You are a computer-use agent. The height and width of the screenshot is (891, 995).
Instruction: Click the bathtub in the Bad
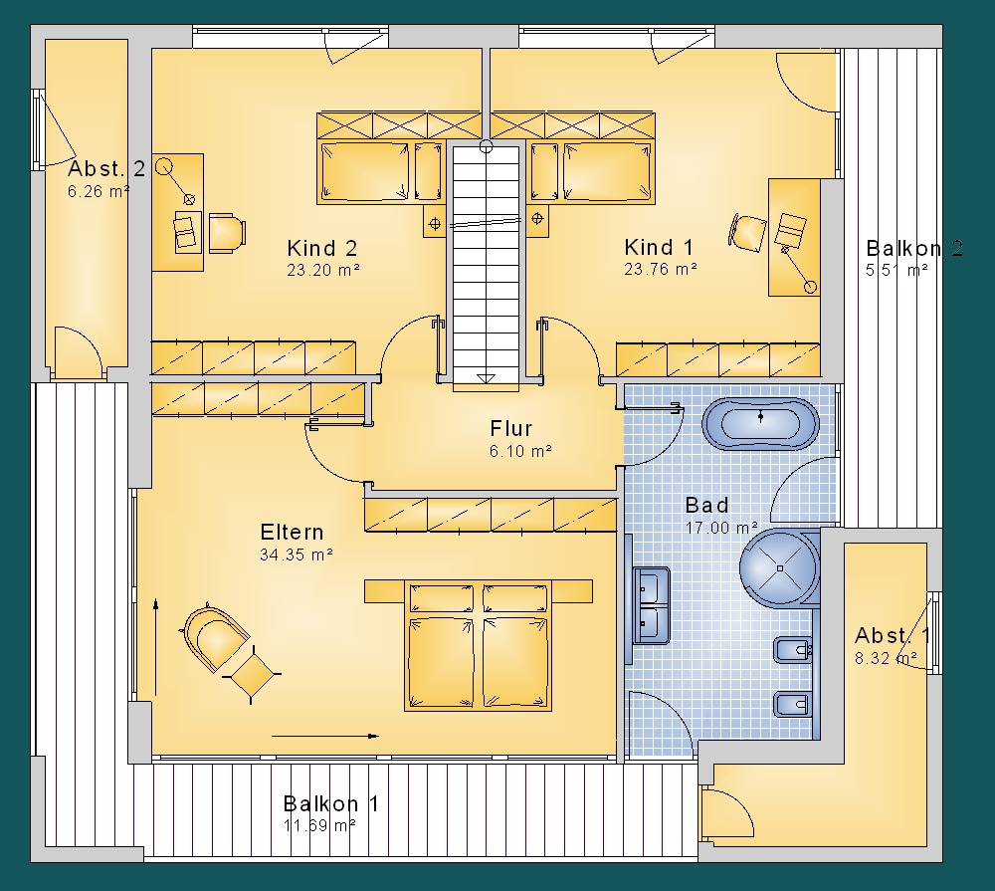[760, 424]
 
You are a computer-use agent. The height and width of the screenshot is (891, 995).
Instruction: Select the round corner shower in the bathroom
[779, 567]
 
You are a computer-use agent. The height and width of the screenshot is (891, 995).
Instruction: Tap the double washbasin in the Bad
[651, 605]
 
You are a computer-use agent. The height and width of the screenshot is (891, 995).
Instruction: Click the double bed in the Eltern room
[478, 645]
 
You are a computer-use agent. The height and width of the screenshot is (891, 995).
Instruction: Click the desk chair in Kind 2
[227, 232]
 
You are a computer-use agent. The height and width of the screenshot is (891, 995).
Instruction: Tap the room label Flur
[510, 429]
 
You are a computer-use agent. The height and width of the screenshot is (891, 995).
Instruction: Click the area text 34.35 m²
[297, 555]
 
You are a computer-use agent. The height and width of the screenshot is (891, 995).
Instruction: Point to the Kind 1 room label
[659, 247]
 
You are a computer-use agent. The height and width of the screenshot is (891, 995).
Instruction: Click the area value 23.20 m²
[323, 270]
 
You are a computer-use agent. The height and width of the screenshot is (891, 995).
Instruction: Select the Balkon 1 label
[330, 803]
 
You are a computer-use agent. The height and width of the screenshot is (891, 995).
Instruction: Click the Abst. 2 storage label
[106, 168]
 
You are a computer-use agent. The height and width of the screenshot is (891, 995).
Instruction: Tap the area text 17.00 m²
[721, 527]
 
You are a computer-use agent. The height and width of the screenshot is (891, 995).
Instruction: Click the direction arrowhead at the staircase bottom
[486, 378]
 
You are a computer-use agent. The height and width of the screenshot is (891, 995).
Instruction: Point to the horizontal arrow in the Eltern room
[325, 736]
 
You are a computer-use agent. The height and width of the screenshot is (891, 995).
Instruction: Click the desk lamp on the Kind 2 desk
[175, 181]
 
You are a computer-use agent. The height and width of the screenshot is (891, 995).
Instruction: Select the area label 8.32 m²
[886, 658]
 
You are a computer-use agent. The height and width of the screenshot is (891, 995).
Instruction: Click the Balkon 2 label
[914, 248]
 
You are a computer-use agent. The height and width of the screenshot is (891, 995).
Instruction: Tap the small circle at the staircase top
[487, 147]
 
